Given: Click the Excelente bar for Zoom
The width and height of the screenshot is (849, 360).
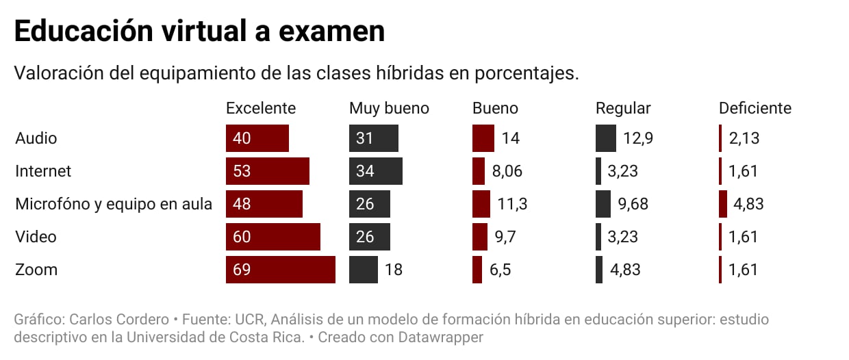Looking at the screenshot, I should (x=280, y=270).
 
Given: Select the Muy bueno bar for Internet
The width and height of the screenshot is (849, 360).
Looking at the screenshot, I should (x=375, y=171).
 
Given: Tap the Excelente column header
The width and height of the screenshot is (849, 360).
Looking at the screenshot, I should (x=261, y=108).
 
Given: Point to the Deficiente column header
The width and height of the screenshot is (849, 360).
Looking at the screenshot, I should (x=755, y=108).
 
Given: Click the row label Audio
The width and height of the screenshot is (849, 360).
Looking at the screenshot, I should (x=36, y=138).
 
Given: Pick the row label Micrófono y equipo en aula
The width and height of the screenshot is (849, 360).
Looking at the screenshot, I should (x=114, y=204).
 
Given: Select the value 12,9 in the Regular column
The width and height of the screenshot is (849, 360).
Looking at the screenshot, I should (x=638, y=138).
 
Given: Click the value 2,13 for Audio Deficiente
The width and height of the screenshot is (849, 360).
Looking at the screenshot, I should (x=744, y=138).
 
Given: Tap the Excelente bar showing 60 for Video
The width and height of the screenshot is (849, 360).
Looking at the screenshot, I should (x=273, y=237).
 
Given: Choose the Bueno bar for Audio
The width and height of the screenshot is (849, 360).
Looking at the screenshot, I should (x=483, y=138).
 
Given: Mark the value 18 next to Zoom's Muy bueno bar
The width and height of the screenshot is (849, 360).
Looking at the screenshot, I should (x=393, y=270).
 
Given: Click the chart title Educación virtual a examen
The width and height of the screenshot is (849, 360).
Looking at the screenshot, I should (x=199, y=32).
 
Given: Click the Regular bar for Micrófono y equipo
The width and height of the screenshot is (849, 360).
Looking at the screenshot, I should (x=603, y=204).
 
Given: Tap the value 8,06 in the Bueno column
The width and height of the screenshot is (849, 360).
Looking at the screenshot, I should (x=507, y=171).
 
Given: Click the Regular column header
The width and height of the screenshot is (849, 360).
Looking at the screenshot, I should (x=623, y=108).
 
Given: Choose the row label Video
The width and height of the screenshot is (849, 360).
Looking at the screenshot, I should (x=36, y=237).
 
